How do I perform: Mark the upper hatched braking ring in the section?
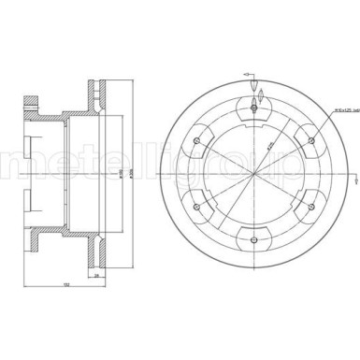[96, 94]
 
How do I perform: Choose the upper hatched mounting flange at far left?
[35, 99]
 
